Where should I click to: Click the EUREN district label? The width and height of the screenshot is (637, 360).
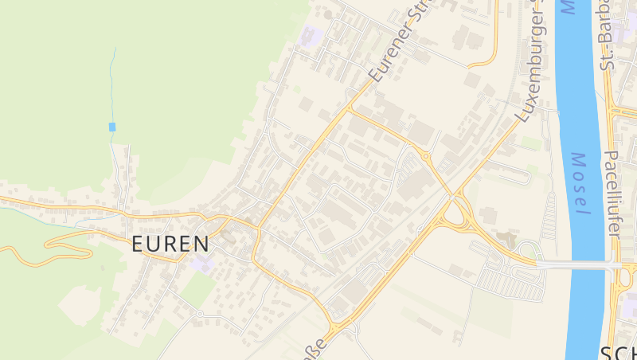(170, 244)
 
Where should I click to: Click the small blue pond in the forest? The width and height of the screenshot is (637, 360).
(112, 127)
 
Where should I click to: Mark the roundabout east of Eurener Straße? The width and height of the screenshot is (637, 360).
(426, 156)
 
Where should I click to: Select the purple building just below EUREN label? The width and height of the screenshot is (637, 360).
(202, 264)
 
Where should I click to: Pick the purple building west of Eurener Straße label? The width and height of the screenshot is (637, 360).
(311, 36)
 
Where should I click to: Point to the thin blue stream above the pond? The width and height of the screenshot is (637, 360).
(114, 80)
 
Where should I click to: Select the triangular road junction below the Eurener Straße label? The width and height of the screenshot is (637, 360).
(350, 108)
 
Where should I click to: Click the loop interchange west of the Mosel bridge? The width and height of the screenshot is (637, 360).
(458, 213)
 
